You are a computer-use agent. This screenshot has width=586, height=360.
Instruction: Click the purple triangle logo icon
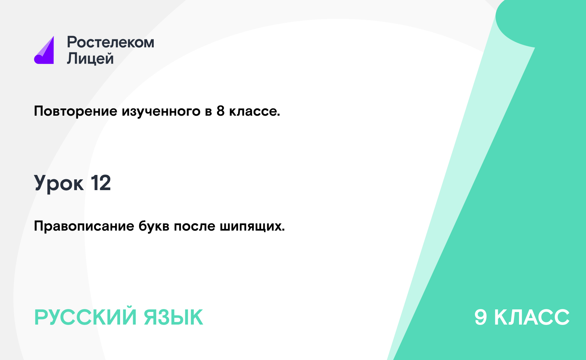click(x=44, y=51)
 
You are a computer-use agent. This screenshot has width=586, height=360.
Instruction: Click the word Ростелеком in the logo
click(x=110, y=42)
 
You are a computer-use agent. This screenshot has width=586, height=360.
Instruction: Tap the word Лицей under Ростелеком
click(x=90, y=58)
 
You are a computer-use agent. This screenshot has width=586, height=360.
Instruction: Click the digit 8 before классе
click(x=221, y=111)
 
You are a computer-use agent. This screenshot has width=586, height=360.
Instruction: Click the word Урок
click(x=59, y=183)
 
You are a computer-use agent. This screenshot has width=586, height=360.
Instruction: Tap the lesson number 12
click(x=101, y=183)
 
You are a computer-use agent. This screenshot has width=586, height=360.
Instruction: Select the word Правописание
click(x=84, y=226)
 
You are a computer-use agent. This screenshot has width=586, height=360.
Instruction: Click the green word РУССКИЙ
click(x=85, y=317)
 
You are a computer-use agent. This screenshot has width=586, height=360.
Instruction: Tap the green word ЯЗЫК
click(x=173, y=317)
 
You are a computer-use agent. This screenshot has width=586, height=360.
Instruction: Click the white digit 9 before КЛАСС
click(x=481, y=317)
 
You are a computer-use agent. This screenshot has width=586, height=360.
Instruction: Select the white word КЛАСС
click(x=532, y=317)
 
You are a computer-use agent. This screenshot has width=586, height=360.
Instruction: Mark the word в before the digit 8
click(x=208, y=112)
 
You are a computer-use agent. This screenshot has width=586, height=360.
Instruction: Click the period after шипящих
click(x=283, y=230)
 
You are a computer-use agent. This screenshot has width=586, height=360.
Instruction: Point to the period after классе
click(x=279, y=115)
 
